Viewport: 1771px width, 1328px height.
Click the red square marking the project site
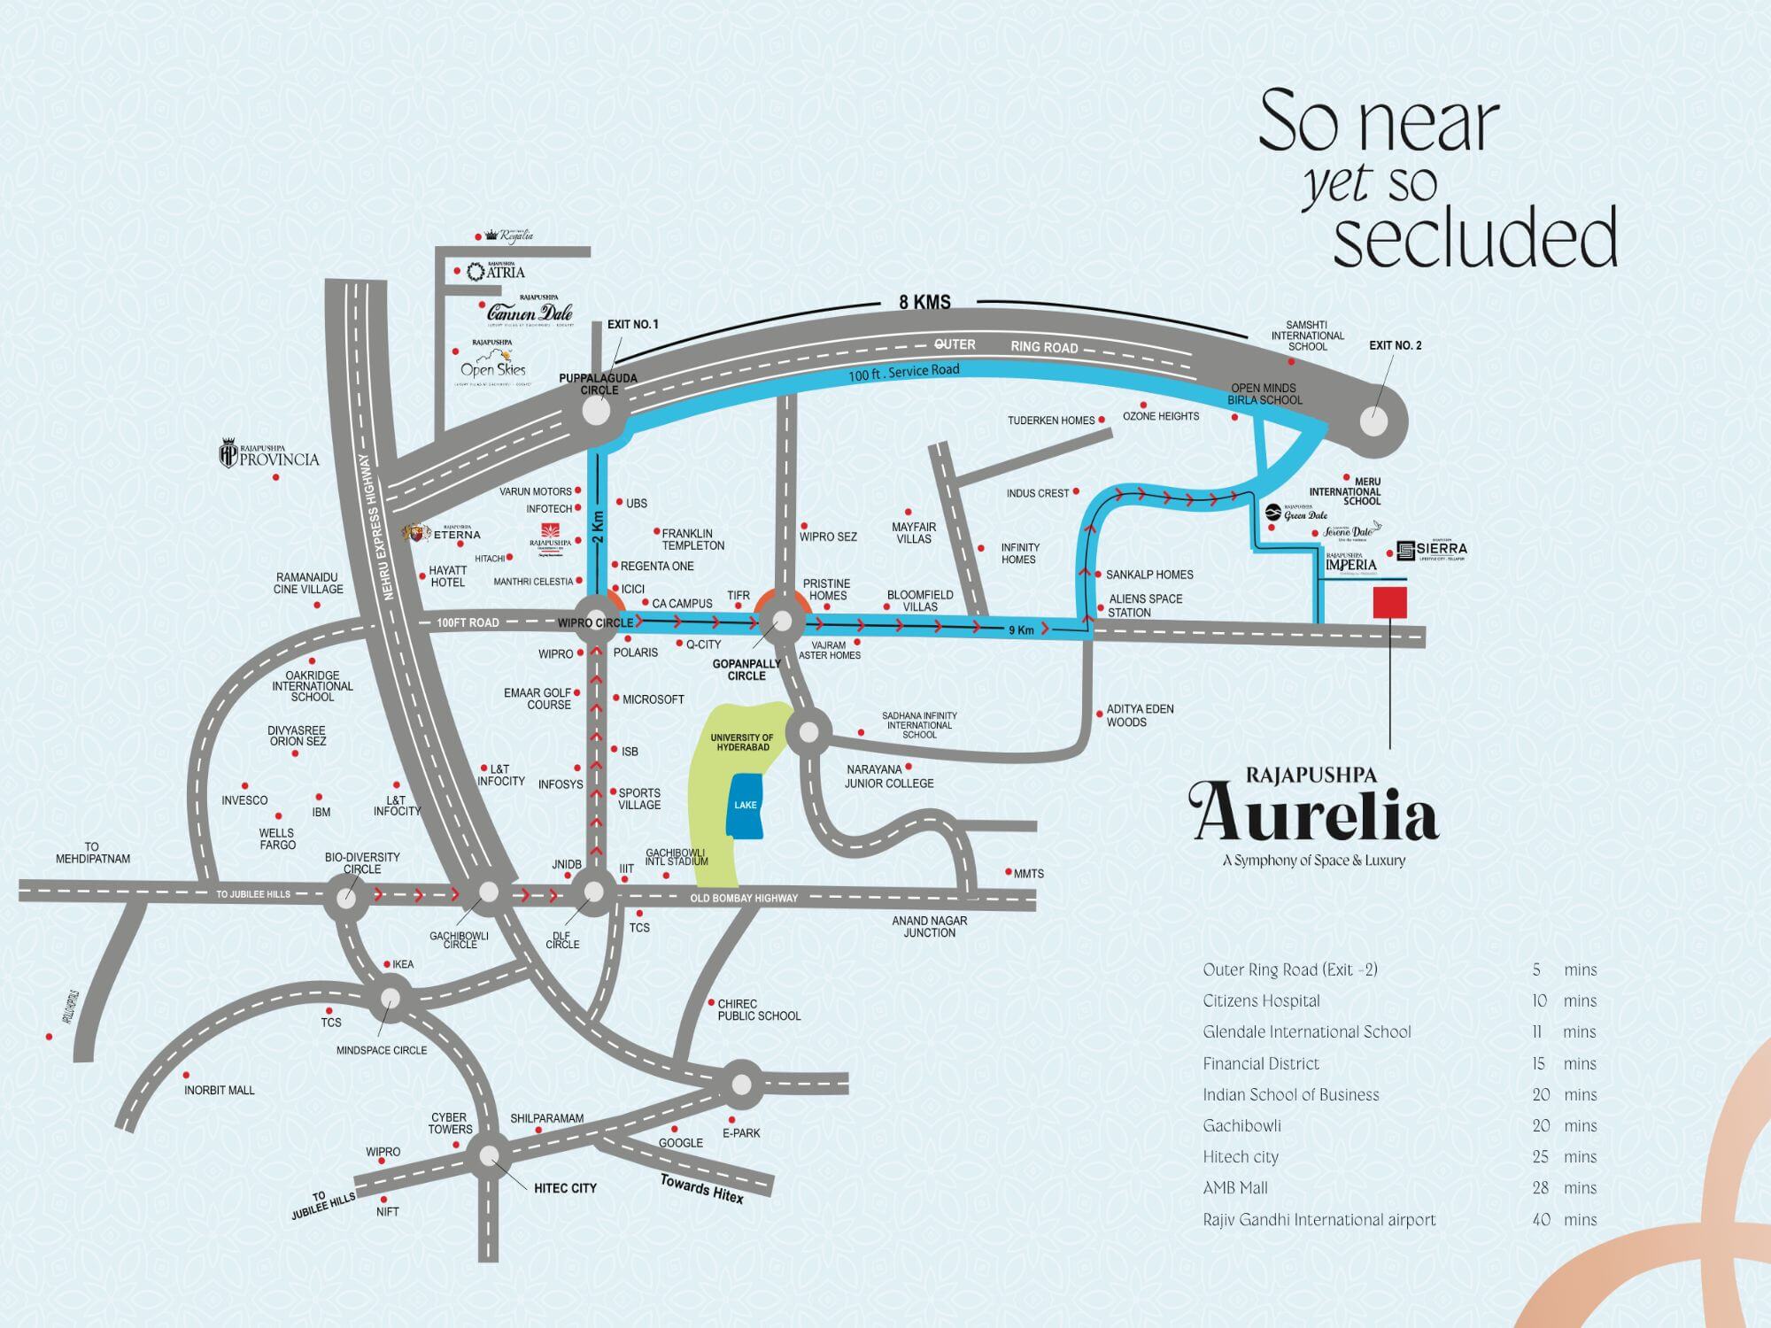[x=1389, y=602]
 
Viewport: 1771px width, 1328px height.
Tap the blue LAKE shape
[x=746, y=806]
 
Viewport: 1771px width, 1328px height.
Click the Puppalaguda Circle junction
[x=599, y=411]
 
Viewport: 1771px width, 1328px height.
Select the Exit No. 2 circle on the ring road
[x=1373, y=420]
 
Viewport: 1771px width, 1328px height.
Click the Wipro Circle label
[x=594, y=623]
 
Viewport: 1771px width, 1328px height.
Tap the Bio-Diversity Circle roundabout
[x=346, y=897]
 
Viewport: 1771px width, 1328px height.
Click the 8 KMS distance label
[x=924, y=302]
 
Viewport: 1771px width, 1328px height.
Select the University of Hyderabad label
[x=742, y=742]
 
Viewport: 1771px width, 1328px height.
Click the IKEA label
[x=403, y=964]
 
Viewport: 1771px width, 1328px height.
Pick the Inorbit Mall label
[x=219, y=1090]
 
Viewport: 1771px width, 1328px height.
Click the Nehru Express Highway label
[x=382, y=528]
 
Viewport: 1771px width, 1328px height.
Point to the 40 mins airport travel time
[x=1564, y=1219]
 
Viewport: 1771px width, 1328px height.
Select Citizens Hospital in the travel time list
[x=1261, y=1000]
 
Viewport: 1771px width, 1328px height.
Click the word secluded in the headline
[x=1474, y=237]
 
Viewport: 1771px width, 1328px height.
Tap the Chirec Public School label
[x=759, y=1010]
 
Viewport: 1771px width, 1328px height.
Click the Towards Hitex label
[x=701, y=1188]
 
